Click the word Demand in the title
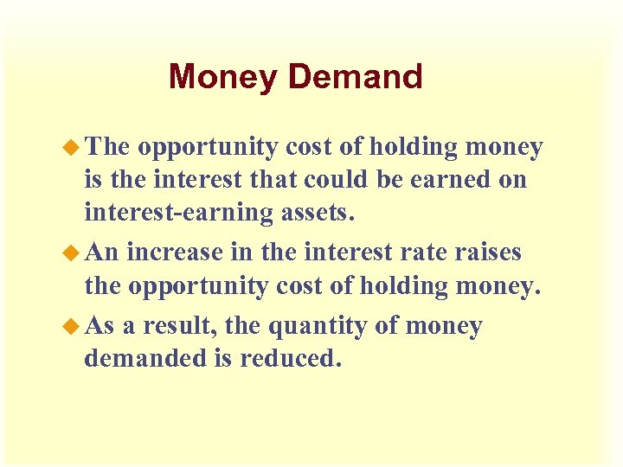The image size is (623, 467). point(355,76)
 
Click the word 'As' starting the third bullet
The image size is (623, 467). point(100,327)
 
